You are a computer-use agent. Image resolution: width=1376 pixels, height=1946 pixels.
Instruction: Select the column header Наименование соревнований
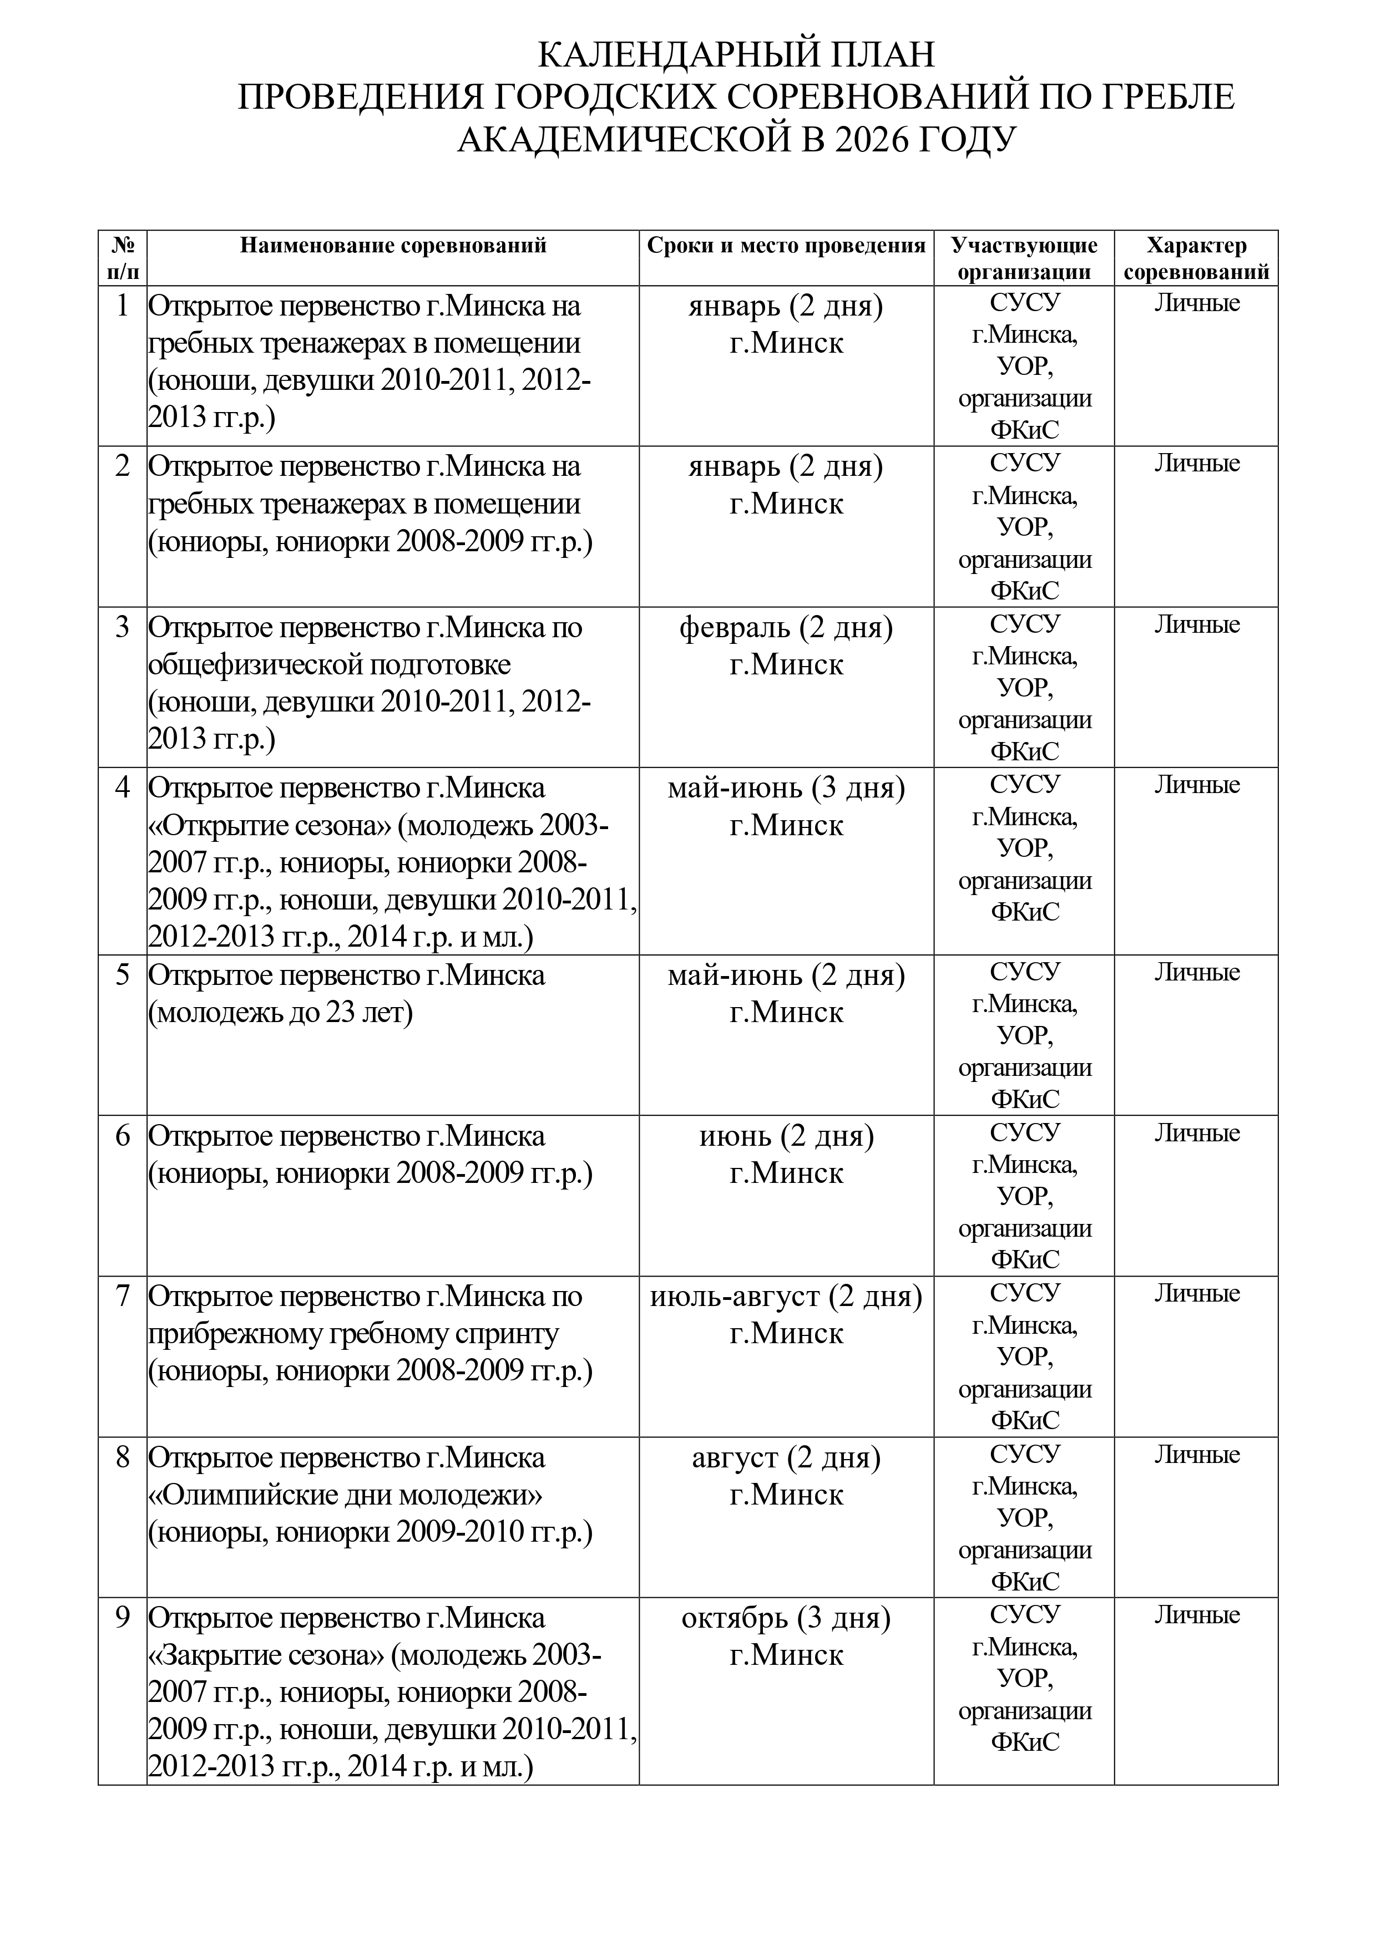click(392, 246)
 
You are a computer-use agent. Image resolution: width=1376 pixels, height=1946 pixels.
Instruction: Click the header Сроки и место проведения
click(786, 246)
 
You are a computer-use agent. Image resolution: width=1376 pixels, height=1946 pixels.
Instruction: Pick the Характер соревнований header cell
click(1196, 258)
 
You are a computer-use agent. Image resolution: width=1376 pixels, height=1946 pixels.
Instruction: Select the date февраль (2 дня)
click(786, 628)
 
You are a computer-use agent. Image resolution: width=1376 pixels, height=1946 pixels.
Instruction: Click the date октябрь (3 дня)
click(786, 1618)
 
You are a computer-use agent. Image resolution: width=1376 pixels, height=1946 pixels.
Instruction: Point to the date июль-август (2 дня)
click(786, 1297)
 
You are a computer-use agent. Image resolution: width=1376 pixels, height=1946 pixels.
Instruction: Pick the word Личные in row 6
click(1196, 1133)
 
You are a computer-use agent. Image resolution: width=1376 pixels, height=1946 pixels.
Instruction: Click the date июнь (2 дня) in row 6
click(786, 1136)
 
